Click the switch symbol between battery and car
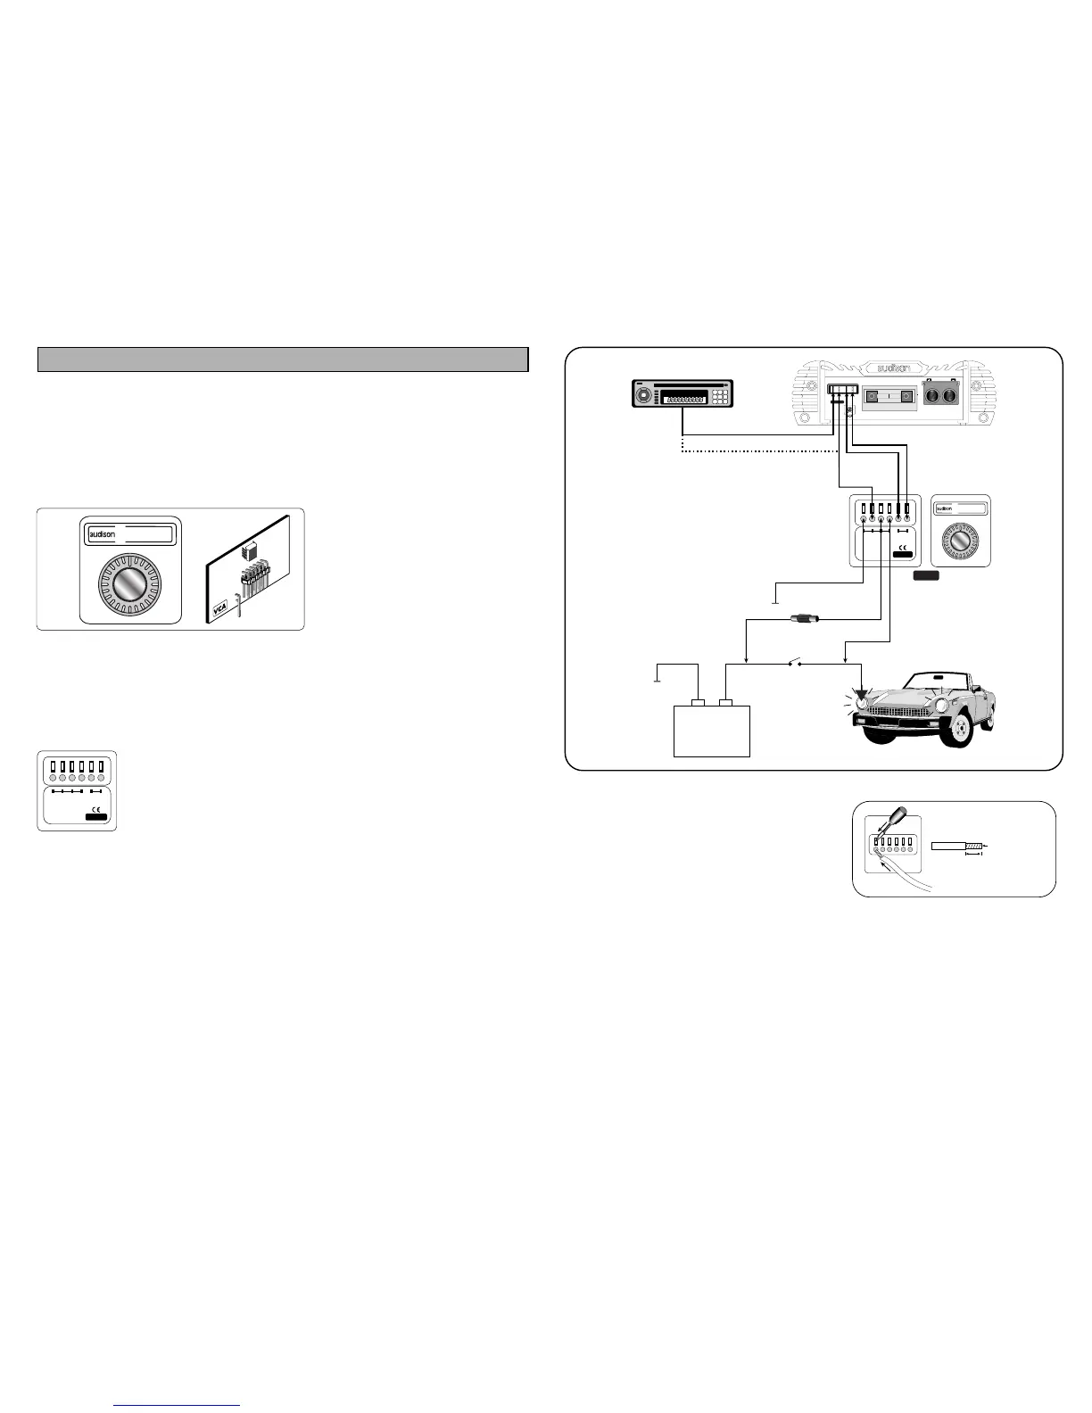point(795,663)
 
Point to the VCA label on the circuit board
point(218,613)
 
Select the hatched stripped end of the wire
point(973,845)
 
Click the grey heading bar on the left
point(283,359)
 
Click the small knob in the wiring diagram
point(961,542)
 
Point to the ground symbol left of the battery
point(658,678)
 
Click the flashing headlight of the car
point(860,700)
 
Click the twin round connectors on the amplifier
point(942,395)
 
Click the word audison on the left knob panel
point(103,535)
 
